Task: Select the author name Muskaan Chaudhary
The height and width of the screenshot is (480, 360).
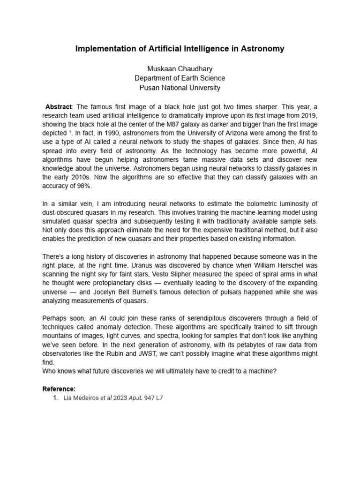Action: (x=180, y=69)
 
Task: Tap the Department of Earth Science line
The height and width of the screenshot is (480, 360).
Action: (x=180, y=78)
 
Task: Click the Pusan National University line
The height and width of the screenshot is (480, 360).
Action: (x=180, y=88)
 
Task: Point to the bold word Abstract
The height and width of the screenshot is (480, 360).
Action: (x=59, y=106)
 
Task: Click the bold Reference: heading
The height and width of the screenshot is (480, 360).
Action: (x=59, y=389)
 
